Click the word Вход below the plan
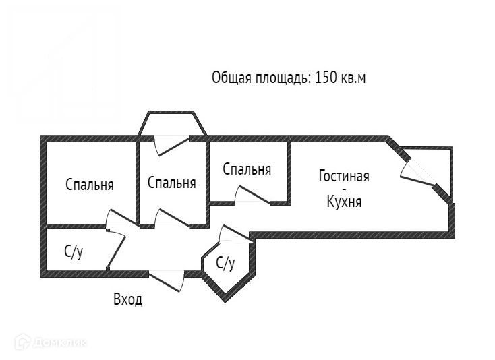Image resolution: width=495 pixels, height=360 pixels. (x=127, y=299)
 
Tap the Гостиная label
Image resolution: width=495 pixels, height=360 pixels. (x=344, y=177)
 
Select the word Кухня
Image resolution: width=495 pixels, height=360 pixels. (x=344, y=201)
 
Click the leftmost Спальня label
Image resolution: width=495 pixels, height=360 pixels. (x=89, y=185)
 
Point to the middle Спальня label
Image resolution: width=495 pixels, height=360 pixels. (x=171, y=183)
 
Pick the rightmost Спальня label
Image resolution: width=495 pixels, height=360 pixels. (x=247, y=169)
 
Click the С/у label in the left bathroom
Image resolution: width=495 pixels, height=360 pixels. (x=74, y=252)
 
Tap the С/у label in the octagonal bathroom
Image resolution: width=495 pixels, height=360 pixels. (x=225, y=263)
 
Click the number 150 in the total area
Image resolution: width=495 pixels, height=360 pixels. (x=326, y=78)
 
